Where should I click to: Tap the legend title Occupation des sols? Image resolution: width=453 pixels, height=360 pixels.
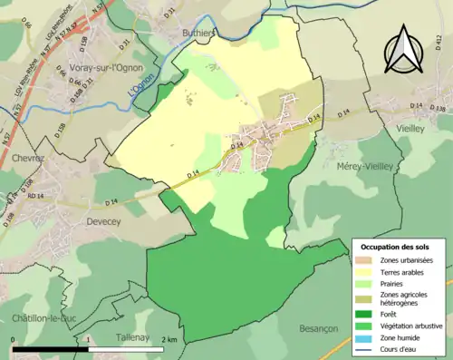[x=396, y=247]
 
